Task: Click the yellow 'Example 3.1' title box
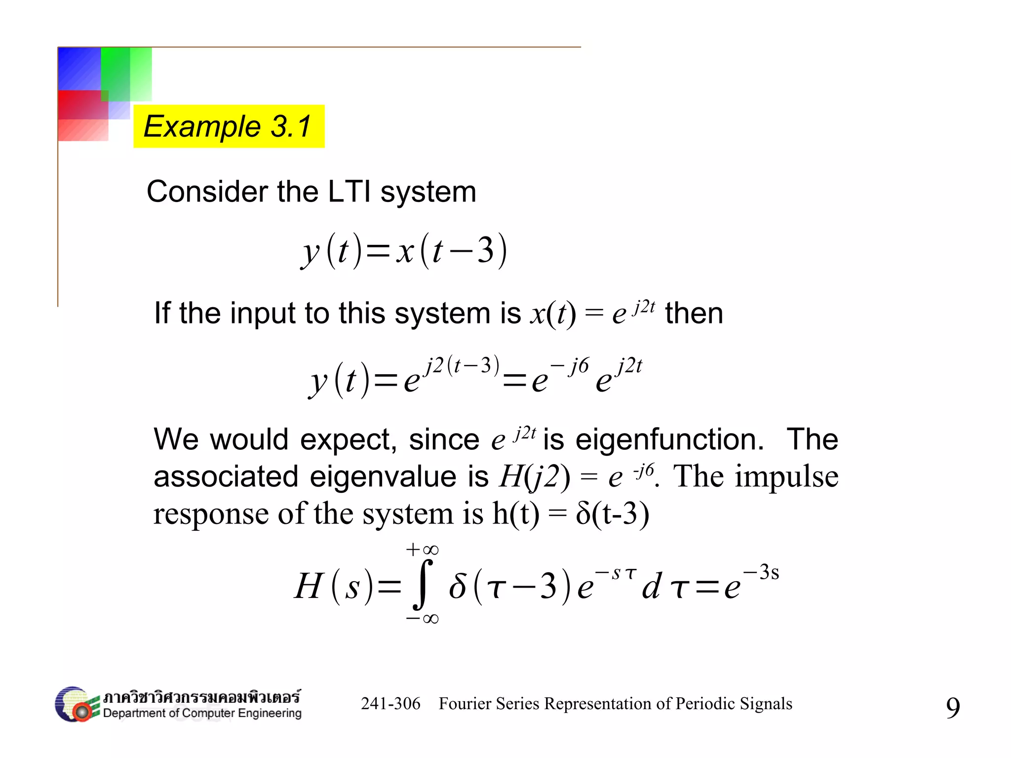pos(229,126)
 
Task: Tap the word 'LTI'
pos(349,192)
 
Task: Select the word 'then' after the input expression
pos(694,313)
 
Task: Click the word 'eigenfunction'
pos(669,439)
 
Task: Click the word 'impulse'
pos(786,477)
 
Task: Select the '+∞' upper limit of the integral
pos(422,550)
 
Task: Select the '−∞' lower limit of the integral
pos(422,619)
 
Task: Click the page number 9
pos(953,707)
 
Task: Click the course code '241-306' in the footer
pos(390,704)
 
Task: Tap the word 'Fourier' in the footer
pos(464,704)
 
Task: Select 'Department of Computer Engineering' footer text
pos(202,714)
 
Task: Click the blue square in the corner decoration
pos(79,68)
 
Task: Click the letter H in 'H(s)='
pos(309,586)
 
